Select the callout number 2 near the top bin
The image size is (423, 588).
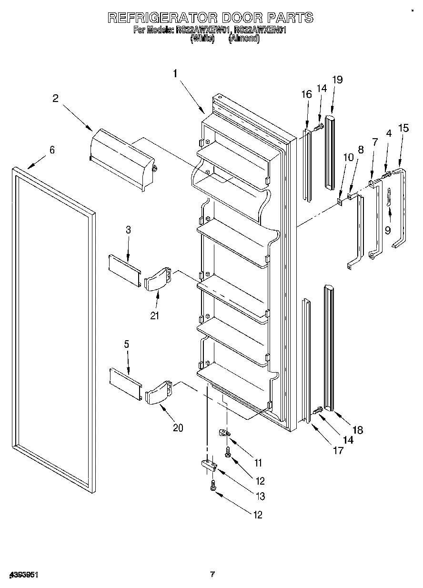click(56, 98)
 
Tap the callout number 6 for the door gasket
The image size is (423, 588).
click(52, 150)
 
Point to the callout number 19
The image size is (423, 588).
click(337, 80)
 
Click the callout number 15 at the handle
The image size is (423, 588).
click(403, 128)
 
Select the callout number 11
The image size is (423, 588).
click(258, 462)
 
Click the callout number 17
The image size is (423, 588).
click(338, 450)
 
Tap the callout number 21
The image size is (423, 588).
click(155, 315)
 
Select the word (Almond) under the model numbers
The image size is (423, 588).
click(244, 40)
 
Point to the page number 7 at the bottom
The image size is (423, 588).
click(212, 574)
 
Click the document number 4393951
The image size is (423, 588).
click(23, 575)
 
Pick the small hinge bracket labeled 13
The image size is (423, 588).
click(209, 465)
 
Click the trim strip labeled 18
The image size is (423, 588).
click(328, 348)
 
